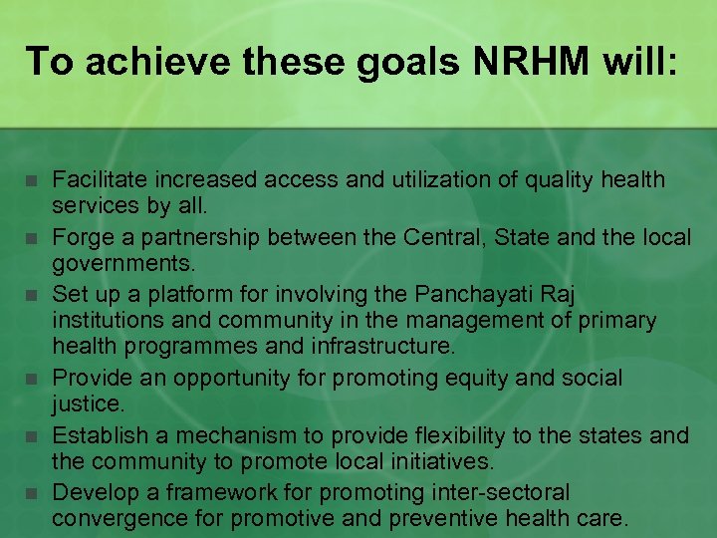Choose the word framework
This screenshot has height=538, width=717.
point(218,491)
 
